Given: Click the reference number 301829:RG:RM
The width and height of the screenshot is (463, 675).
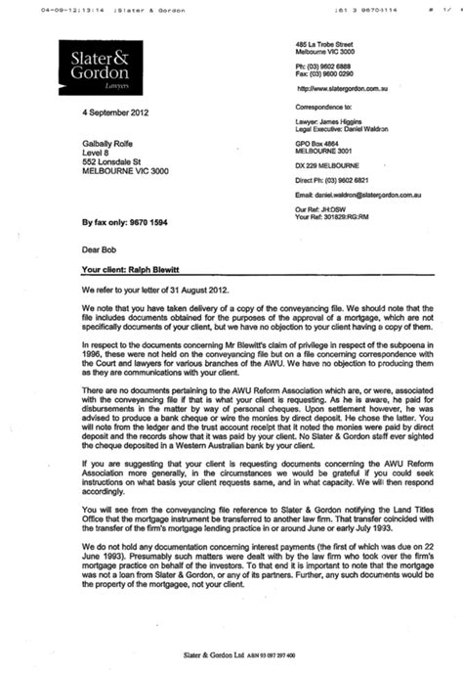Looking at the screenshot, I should pos(361,216).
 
